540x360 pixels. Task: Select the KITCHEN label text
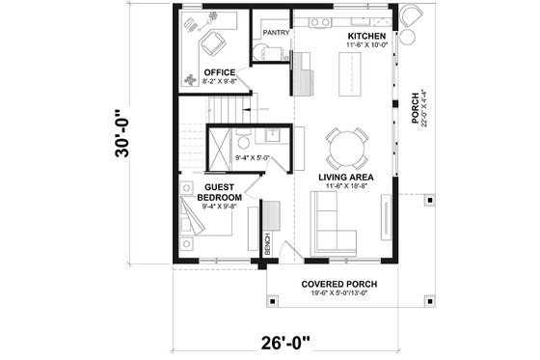(x=366, y=34)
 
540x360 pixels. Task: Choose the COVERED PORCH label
(x=337, y=284)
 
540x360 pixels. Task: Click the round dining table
(x=345, y=146)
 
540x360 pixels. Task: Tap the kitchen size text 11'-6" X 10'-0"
(x=366, y=44)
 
